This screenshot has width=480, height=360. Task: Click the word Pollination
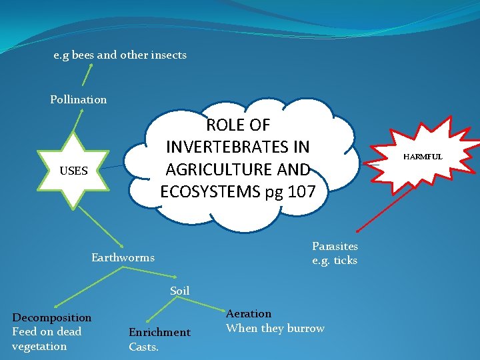click(78, 100)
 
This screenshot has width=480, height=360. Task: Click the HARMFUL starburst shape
click(421, 157)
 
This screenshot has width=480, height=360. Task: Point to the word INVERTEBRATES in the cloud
click(238, 146)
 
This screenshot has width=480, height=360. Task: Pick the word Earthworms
click(123, 258)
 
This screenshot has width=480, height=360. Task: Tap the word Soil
click(180, 291)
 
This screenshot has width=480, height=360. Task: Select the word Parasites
click(335, 247)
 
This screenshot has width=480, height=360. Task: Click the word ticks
click(345, 261)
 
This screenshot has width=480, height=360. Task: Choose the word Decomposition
click(52, 318)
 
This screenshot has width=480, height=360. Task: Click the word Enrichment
click(159, 333)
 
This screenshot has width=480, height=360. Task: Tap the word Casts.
click(143, 347)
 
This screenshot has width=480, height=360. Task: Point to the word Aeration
click(249, 314)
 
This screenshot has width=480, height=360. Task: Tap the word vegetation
click(39, 347)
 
